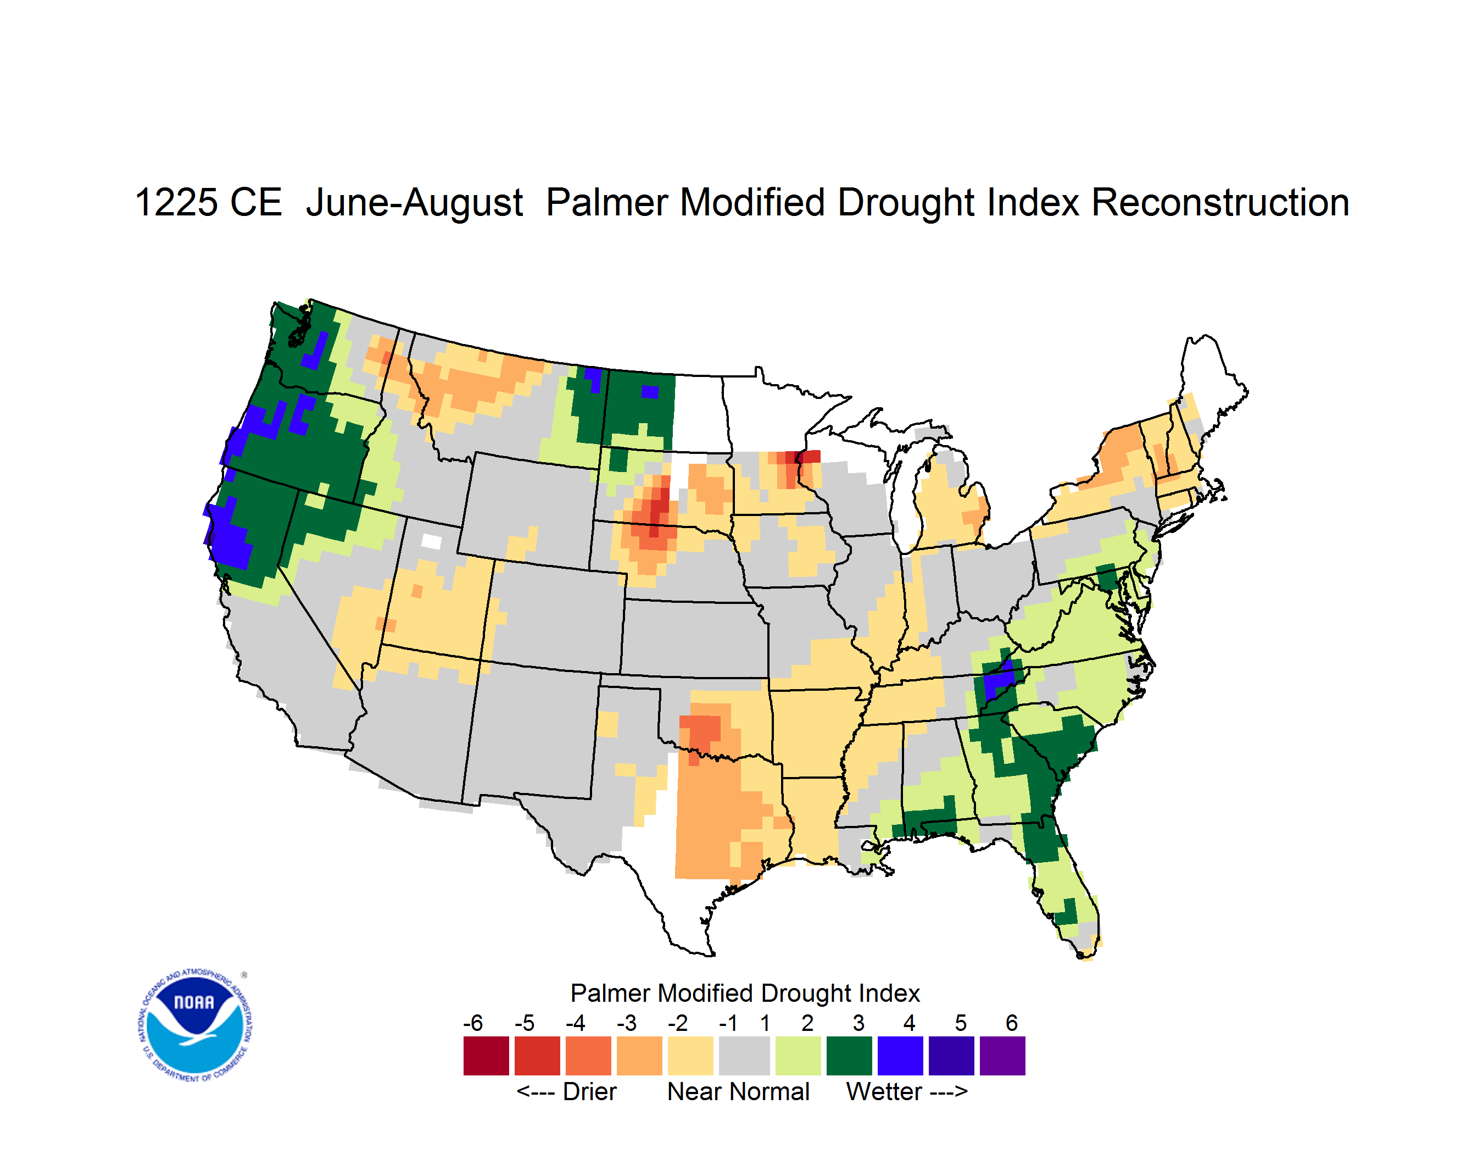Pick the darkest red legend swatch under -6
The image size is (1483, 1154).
click(486, 1056)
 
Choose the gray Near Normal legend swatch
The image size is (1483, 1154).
click(744, 1056)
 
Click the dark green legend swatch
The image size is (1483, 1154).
click(849, 1056)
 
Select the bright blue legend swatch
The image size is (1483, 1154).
click(900, 1056)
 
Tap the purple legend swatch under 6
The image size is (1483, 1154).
click(1002, 1056)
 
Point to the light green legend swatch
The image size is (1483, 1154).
click(798, 1056)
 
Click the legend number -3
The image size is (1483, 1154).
click(626, 1023)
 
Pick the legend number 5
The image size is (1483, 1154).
click(960, 1023)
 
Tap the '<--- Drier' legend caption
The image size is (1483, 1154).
click(566, 1091)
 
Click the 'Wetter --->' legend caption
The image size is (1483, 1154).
click(906, 1091)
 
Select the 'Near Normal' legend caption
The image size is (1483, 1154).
click(738, 1091)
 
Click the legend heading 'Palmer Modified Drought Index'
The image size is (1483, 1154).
click(745, 993)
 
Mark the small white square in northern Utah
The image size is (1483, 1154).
click(431, 541)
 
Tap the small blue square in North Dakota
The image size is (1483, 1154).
click(650, 392)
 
